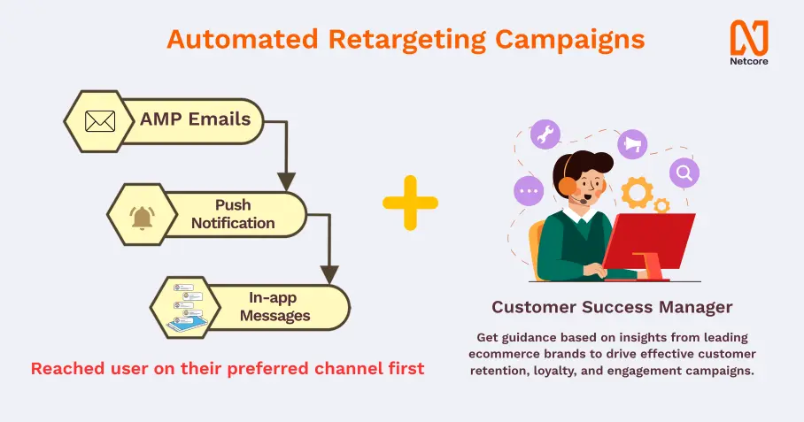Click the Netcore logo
click(749, 42)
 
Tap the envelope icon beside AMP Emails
click(100, 121)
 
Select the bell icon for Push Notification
click(142, 218)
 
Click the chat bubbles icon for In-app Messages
click(186, 307)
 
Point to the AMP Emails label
click(196, 119)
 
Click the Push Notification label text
click(233, 214)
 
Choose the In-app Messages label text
click(274, 307)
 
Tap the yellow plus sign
click(410, 203)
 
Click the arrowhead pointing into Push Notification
click(286, 182)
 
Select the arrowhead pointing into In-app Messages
click(329, 274)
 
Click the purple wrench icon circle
click(545, 134)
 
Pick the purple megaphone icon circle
click(632, 144)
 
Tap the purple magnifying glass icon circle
click(684, 173)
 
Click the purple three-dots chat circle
click(529, 191)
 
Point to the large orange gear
click(638, 193)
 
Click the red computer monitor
click(648, 246)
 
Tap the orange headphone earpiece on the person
click(567, 186)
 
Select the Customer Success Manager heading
click(612, 307)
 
